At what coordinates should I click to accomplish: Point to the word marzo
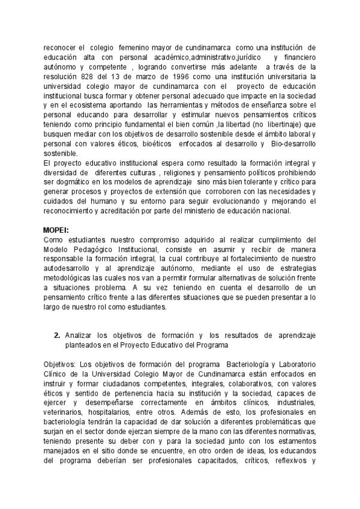point(137,77)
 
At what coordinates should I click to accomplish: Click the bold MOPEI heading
point(56,230)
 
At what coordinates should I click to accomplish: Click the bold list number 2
point(56,335)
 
